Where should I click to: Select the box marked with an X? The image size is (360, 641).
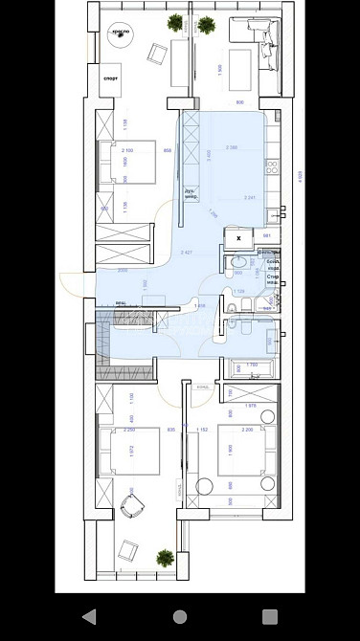pos(238,238)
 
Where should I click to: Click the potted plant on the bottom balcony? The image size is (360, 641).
pos(165,557)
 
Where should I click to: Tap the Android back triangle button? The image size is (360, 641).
pos(89,616)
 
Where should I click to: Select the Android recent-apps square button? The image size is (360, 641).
pos(270,616)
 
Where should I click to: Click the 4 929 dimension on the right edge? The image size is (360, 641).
pos(300,175)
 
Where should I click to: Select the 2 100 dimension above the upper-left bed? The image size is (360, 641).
pos(127,150)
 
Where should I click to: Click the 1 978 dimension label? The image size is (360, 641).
pos(250,407)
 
